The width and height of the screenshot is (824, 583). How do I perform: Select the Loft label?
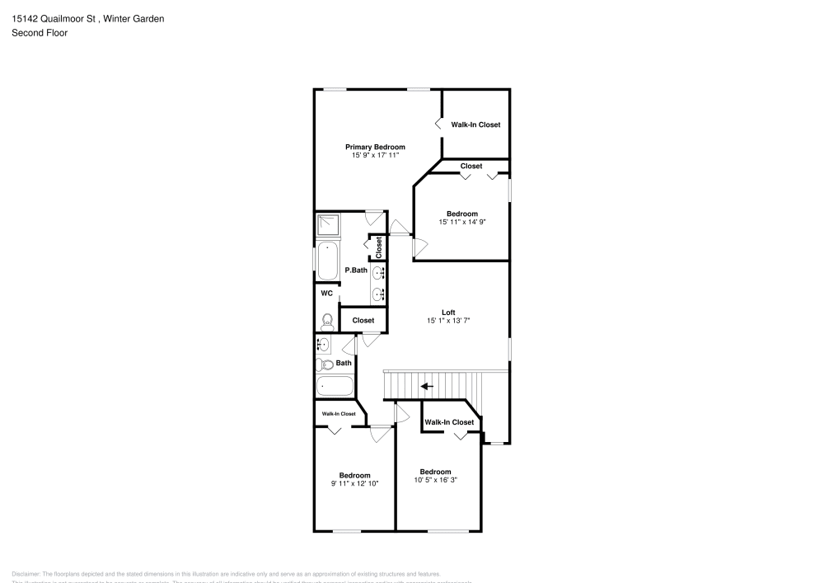(x=448, y=312)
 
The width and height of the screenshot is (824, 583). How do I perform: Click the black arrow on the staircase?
(x=427, y=386)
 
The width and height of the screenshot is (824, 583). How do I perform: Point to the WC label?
(x=326, y=293)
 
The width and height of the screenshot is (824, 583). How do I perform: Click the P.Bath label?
(x=356, y=270)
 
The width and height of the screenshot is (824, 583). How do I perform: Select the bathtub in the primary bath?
(x=328, y=261)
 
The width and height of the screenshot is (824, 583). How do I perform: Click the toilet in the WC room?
(x=327, y=320)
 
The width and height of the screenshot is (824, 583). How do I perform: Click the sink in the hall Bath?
(x=324, y=345)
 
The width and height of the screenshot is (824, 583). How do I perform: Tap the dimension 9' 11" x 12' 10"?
(x=354, y=484)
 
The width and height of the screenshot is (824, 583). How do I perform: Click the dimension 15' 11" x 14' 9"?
(x=456, y=222)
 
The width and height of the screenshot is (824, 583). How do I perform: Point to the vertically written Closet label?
(x=379, y=246)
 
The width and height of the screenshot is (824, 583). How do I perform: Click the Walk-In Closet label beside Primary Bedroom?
(x=475, y=125)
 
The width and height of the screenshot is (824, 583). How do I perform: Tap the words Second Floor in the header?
(x=40, y=33)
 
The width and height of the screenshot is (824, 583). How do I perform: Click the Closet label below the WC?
(x=363, y=320)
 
